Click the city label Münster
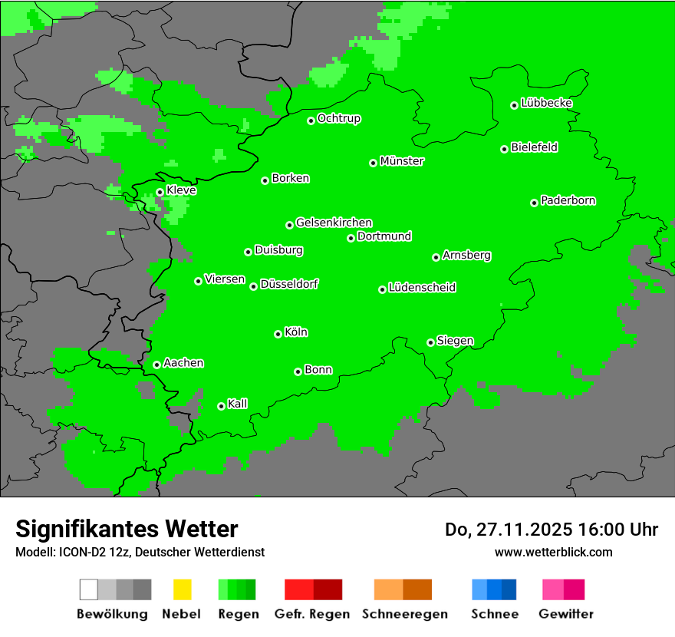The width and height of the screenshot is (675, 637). (402, 161)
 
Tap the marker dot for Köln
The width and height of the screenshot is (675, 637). (278, 334)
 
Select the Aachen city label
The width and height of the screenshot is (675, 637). (183, 363)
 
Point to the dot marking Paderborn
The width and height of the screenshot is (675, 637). (534, 203)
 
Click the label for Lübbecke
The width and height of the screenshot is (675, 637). (546, 103)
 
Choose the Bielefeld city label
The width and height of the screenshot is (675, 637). (534, 147)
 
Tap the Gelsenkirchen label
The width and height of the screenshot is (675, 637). (334, 223)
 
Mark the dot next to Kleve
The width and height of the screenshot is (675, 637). (160, 193)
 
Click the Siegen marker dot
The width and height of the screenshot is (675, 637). (430, 342)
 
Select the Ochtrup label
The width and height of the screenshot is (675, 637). (338, 119)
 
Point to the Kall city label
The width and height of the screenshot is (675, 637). (238, 404)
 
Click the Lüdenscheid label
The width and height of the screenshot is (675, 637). (422, 288)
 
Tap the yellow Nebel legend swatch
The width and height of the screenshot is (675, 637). (182, 589)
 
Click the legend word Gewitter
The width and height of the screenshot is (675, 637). (565, 614)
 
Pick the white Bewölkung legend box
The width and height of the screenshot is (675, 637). (89, 589)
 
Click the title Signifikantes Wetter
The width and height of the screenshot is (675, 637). (127, 529)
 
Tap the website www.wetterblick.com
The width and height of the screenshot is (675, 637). (553, 552)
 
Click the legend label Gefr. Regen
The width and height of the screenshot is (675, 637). (312, 614)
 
